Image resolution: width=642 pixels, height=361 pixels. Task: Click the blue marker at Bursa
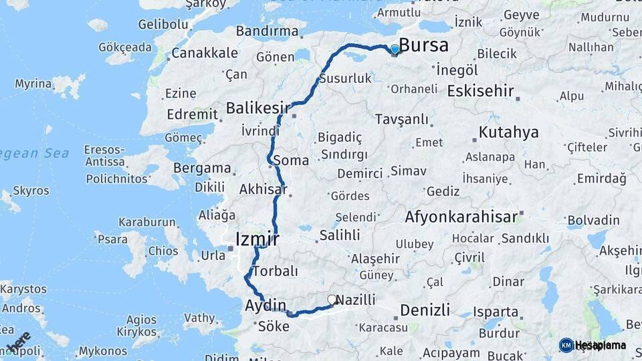[x=395, y=49]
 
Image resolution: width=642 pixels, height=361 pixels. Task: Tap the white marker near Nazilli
[x=332, y=300]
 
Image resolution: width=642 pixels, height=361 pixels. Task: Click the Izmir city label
[x=257, y=239]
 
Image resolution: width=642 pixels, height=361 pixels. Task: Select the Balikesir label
[x=258, y=108]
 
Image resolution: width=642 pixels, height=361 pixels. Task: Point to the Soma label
[x=292, y=160]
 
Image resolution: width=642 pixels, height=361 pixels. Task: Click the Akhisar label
[x=263, y=189]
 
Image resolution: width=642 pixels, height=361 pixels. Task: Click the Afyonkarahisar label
[x=461, y=217]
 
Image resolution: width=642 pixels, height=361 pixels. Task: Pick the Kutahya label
[x=509, y=132]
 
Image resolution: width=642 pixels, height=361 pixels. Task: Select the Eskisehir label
[x=481, y=90]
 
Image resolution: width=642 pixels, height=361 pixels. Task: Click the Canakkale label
[x=205, y=53]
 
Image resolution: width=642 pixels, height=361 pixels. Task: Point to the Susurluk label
[x=345, y=79]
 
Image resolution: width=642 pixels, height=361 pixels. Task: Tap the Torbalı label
[x=275, y=271]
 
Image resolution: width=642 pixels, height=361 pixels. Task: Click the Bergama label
[x=202, y=168]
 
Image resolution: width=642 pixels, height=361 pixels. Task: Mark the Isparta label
[x=496, y=312]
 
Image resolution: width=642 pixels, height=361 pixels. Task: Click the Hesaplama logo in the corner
[x=593, y=345]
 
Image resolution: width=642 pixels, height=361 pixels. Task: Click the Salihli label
[x=340, y=235]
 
